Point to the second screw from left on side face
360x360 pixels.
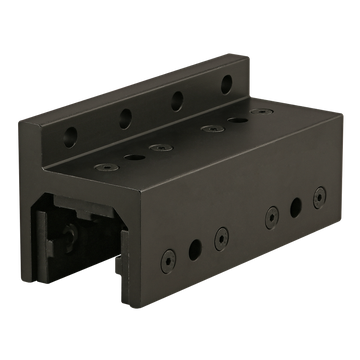point(222,234)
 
